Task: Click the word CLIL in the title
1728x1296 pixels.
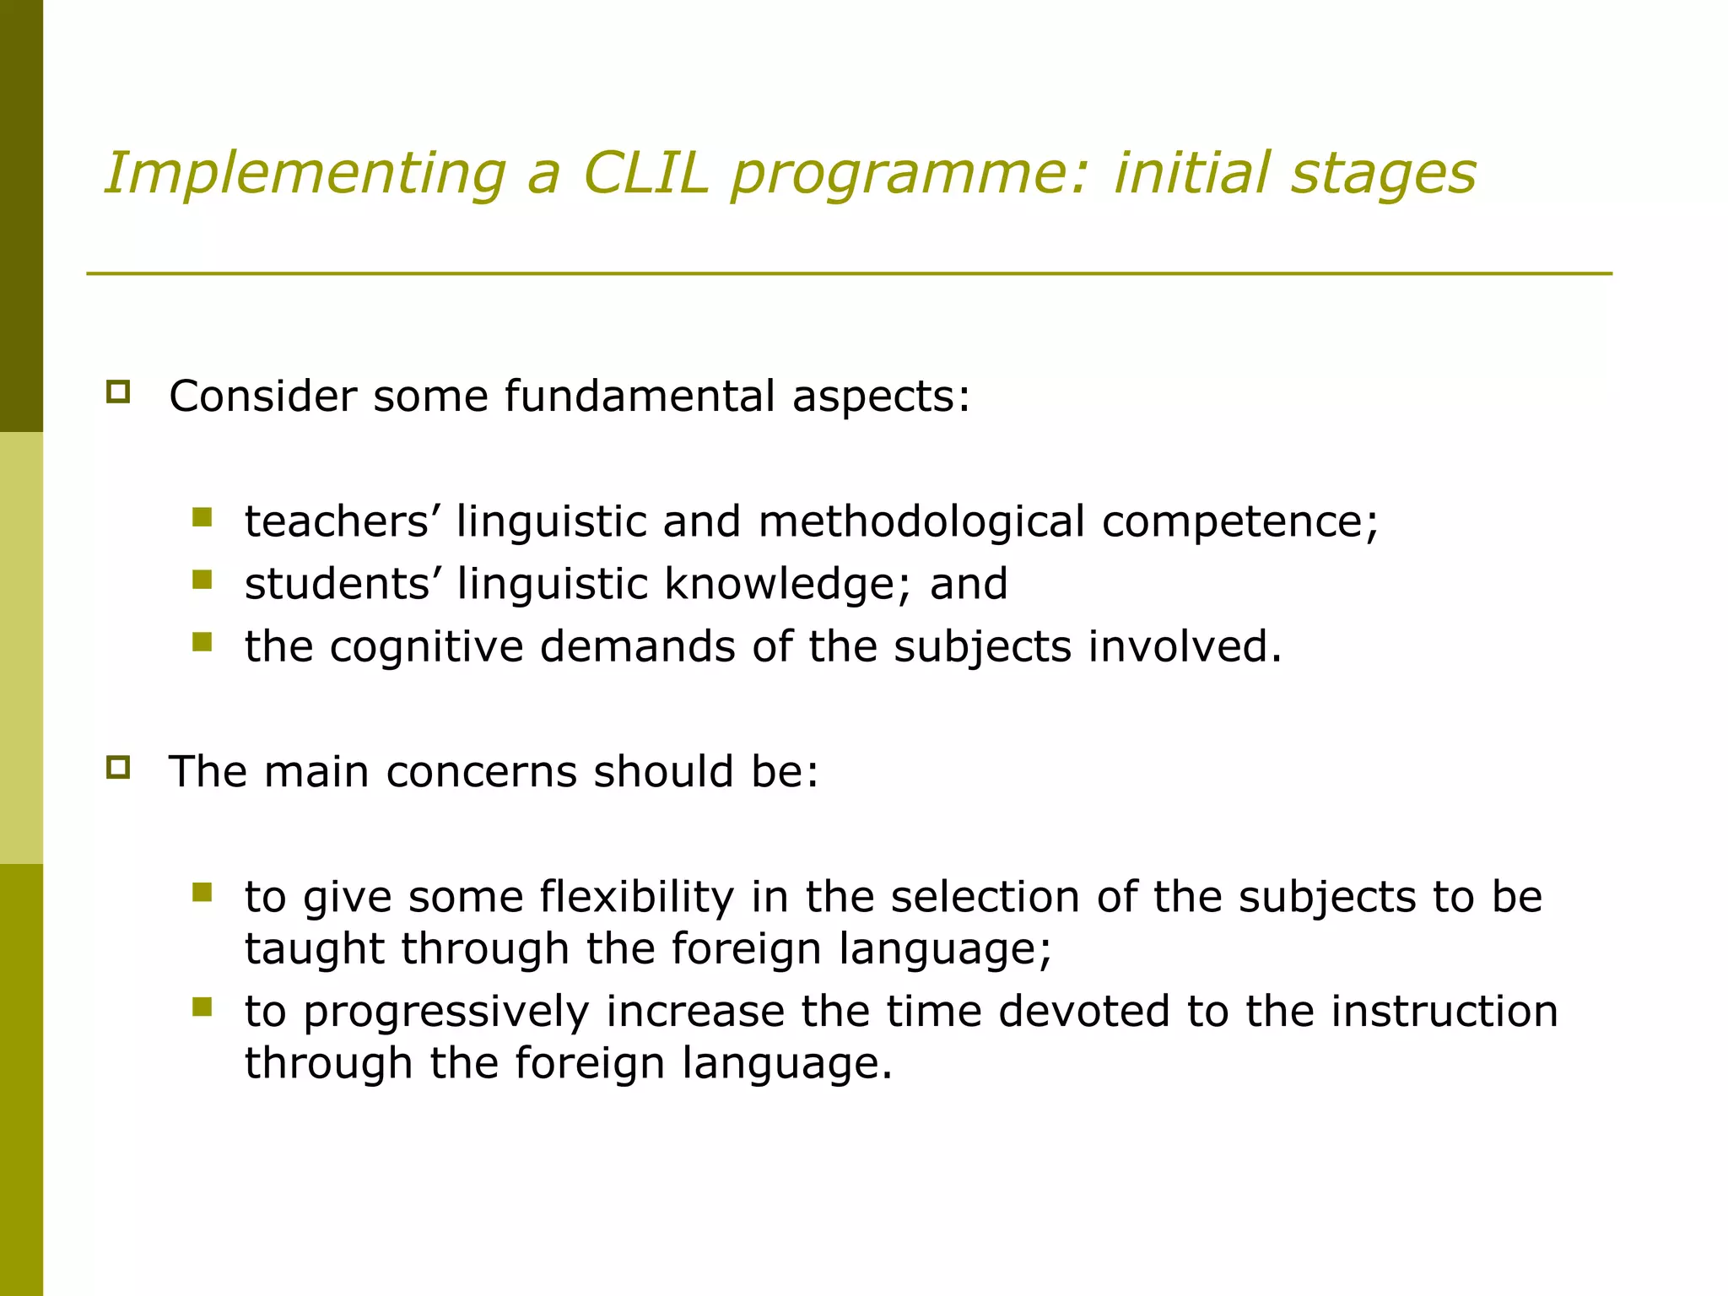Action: [x=645, y=173]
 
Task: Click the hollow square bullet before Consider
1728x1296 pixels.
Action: [x=118, y=392]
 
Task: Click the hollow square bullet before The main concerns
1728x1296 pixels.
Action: [x=118, y=768]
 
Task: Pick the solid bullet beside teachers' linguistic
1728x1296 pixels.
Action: [x=202, y=517]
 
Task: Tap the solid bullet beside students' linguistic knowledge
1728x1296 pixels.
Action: [x=202, y=580]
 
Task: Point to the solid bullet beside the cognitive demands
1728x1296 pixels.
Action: [x=202, y=642]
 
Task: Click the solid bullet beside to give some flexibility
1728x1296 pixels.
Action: [x=202, y=893]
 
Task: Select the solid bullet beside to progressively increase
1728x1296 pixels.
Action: [x=202, y=1007]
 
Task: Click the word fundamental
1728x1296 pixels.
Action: [x=640, y=396]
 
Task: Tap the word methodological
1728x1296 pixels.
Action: [x=921, y=521]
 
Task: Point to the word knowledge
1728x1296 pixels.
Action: [x=788, y=584]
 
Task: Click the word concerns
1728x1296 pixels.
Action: [x=481, y=771]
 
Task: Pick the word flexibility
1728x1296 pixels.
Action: [x=637, y=898]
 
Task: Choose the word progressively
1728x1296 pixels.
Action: [x=446, y=1012]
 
